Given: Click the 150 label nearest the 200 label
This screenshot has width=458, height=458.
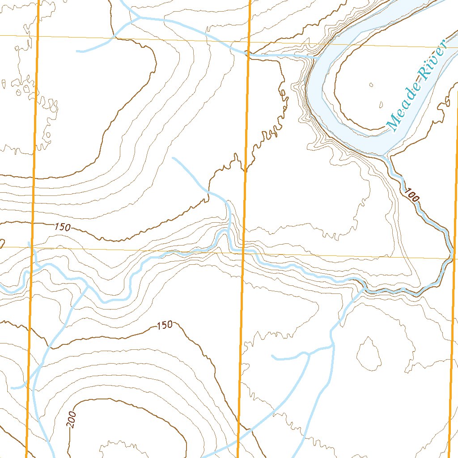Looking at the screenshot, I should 165,325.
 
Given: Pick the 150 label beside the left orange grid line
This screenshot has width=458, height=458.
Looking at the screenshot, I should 62,227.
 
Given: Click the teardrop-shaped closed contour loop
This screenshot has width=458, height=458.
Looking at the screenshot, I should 369,354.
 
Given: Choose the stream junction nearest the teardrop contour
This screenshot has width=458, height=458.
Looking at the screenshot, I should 332,345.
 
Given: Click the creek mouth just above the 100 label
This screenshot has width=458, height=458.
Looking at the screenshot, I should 387,157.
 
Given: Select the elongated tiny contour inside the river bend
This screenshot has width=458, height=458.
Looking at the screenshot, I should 381,106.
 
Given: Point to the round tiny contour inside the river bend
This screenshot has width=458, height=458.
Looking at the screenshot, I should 371,85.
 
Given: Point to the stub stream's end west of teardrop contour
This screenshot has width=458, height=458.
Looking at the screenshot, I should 273,357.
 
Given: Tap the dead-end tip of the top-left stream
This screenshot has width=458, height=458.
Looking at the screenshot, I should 77,51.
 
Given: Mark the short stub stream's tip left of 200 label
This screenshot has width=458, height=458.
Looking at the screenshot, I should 12,388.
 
